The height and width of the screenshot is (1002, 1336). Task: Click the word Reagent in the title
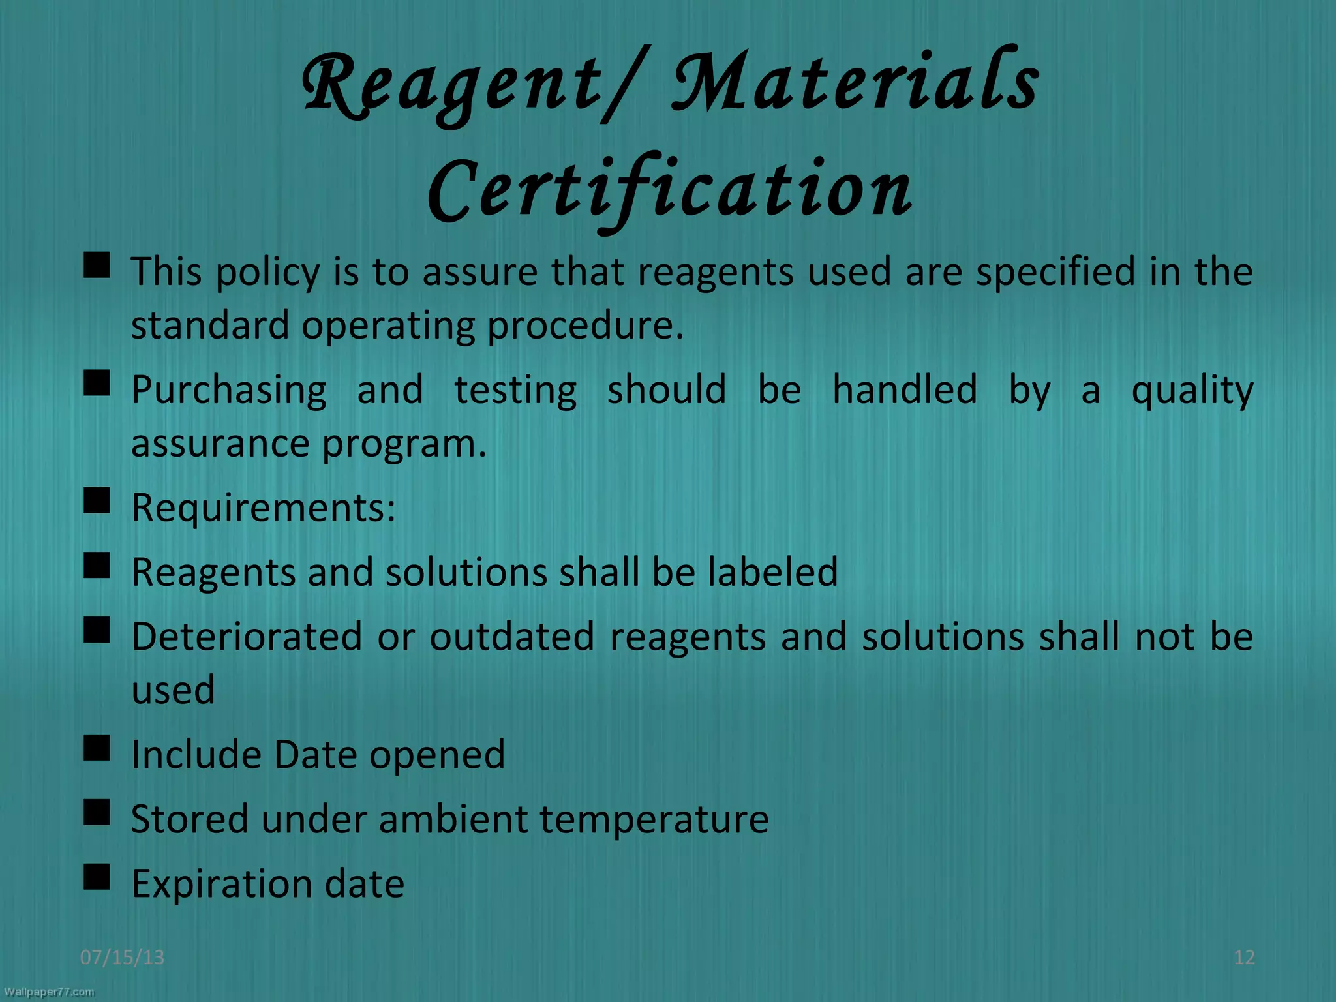click(450, 88)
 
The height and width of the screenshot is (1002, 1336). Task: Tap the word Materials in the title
click(855, 85)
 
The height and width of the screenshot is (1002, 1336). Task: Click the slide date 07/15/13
click(122, 957)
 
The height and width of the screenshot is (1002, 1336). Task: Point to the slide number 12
click(1244, 957)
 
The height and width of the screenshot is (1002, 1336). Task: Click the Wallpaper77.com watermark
click(49, 992)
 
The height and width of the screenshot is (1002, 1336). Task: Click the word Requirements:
click(264, 508)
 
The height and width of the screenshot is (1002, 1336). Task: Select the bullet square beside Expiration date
click(97, 878)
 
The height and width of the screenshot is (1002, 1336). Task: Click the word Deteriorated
click(247, 637)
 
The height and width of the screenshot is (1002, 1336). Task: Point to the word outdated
click(512, 637)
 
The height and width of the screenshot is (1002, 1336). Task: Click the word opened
click(437, 755)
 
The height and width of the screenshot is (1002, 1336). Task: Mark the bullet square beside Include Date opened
click(97, 749)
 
